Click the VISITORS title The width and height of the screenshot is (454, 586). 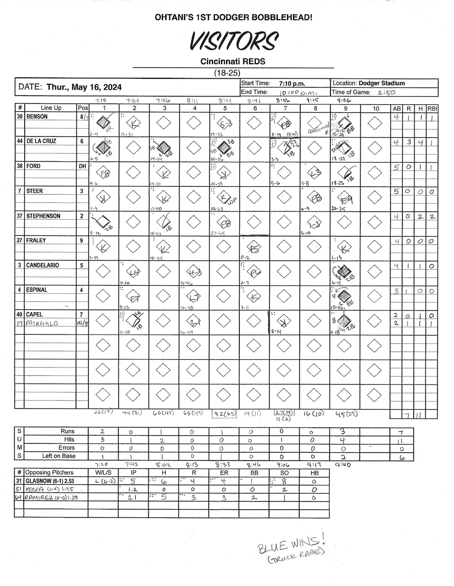(233, 42)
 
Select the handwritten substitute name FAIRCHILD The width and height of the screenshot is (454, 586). (42, 323)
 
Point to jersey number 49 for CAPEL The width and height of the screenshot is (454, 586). (20, 315)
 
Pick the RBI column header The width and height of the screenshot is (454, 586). (432, 109)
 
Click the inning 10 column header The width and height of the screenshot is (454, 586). (375, 109)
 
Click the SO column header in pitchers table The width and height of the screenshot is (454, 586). (284, 472)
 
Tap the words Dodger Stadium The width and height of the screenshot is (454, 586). (382, 83)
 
